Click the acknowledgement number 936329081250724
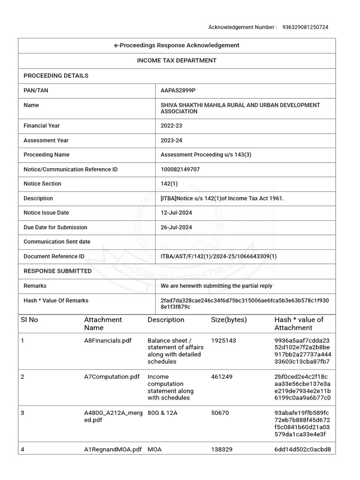coord(305,27)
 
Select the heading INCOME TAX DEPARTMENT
coord(177,60)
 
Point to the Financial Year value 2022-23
coord(169,126)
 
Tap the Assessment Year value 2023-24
coord(169,140)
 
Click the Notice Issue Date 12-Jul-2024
coord(176,213)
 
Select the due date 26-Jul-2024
coord(176,227)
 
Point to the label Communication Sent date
coord(57,242)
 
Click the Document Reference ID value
coord(218,256)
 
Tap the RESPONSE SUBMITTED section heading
coord(58,271)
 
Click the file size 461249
coord(222,377)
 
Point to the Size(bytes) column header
coord(229,320)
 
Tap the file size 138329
coord(222,450)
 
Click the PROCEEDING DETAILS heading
coord(56,75)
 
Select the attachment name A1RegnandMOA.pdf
coord(113,450)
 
